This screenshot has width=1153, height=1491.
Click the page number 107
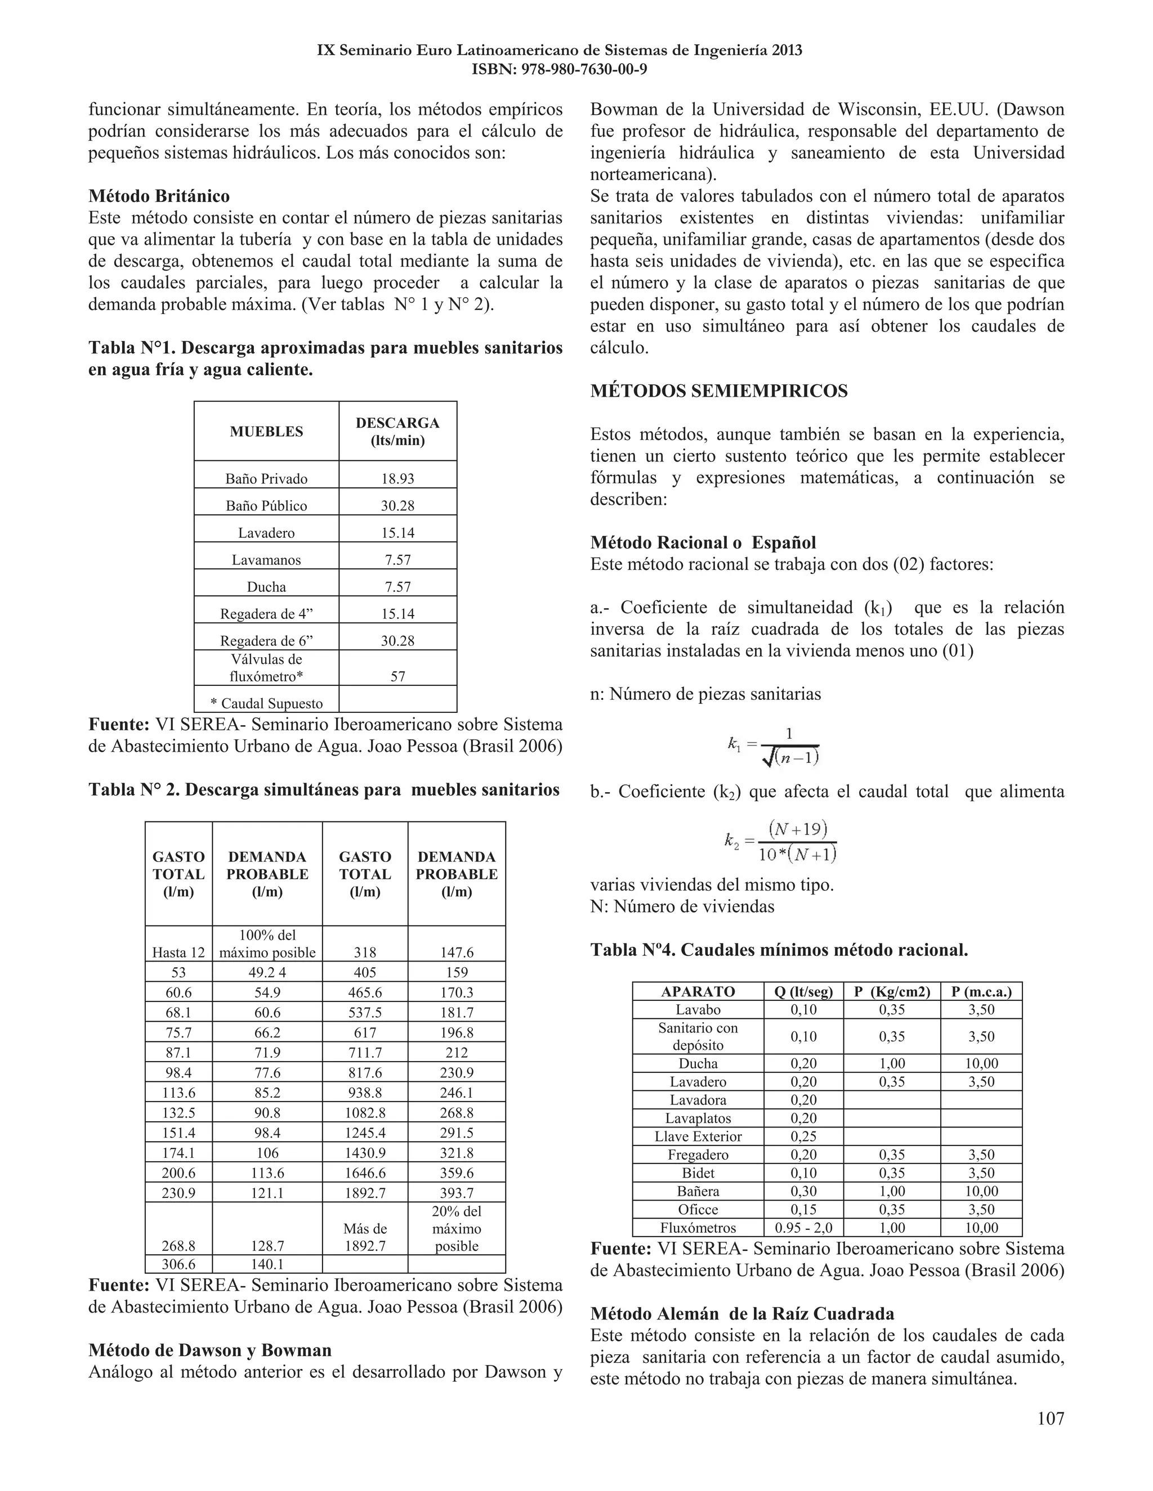tap(1050, 1418)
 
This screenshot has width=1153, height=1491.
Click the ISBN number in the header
tap(560, 70)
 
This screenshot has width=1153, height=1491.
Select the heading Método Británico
tap(159, 196)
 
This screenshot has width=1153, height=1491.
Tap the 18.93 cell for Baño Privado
tap(397, 479)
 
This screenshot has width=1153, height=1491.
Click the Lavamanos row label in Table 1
tap(266, 560)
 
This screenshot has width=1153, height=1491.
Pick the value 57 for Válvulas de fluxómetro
tap(397, 676)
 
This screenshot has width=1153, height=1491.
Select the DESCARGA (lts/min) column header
tap(397, 432)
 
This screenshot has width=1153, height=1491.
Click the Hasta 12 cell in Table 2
tap(178, 953)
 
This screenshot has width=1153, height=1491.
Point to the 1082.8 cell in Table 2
tap(365, 1113)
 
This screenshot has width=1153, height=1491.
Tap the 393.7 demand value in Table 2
tap(456, 1193)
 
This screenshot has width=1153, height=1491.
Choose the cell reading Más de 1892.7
tap(365, 1237)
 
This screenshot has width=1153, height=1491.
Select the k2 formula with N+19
tap(781, 842)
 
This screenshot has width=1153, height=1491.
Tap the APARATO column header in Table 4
tap(698, 991)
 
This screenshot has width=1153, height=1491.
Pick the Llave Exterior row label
tap(698, 1137)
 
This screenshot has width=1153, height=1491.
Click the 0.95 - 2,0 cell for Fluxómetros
tap(803, 1228)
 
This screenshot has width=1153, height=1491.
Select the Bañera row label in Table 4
tap(698, 1191)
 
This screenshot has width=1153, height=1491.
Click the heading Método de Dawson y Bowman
tap(209, 1350)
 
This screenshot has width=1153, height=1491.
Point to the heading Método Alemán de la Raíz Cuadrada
tap(742, 1314)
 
